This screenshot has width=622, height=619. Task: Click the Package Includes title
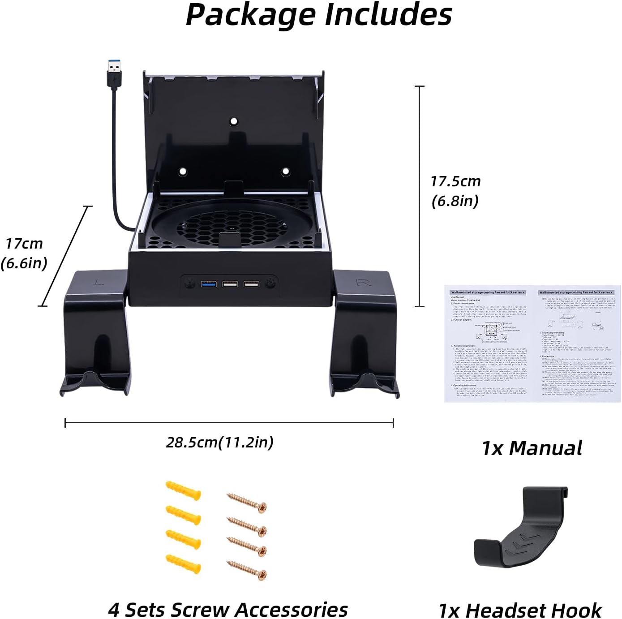318,15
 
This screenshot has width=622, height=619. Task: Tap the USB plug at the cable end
114,72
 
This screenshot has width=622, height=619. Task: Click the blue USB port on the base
208,284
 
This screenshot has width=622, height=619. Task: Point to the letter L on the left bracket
99,282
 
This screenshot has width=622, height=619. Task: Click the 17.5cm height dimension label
455,181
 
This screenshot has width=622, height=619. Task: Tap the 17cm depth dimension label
24,244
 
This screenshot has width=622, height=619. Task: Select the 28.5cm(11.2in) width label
220,442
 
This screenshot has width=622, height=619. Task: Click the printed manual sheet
532,344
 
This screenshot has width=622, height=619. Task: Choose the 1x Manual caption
532,448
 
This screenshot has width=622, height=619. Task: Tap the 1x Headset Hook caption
520,610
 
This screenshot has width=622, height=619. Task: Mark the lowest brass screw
247,570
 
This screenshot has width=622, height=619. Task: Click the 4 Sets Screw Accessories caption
228,610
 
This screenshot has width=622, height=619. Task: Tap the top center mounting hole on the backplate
233,121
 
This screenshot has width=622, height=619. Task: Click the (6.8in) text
455,201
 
